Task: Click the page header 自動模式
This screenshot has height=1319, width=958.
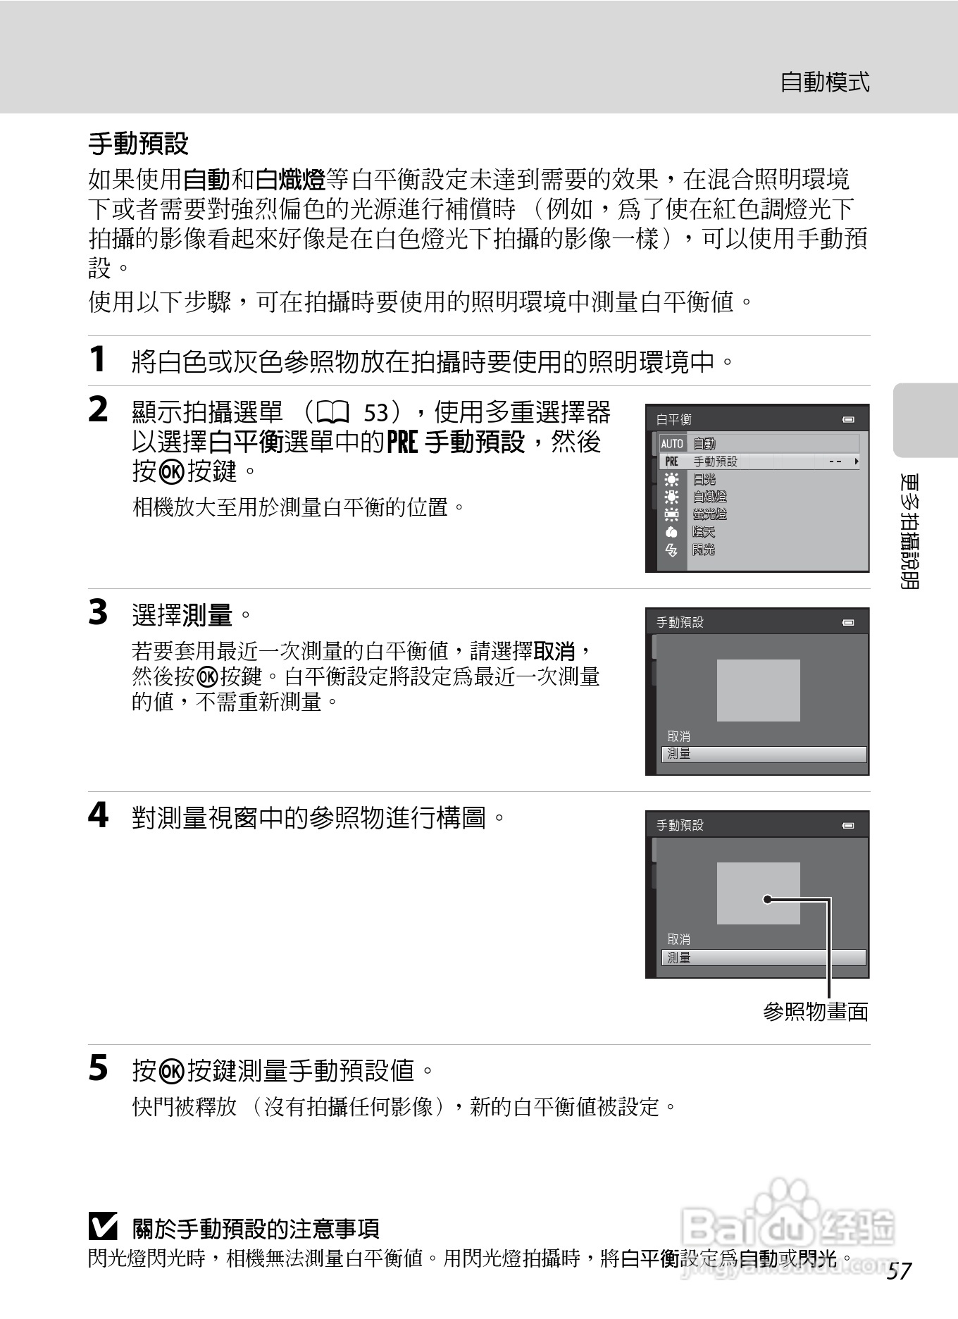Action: coord(824,82)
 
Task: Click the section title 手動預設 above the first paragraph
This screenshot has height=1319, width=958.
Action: coord(138,144)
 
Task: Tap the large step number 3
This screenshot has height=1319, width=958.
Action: coord(98,612)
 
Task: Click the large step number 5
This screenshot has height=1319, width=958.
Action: coord(98,1068)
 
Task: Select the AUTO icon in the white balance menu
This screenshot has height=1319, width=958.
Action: coord(672,444)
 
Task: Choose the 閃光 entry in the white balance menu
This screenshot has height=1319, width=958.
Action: coord(703,550)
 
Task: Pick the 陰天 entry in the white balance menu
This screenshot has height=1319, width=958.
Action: coord(703,533)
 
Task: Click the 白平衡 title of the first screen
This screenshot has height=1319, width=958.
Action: coord(674,420)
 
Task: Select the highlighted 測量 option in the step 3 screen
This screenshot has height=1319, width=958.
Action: coord(763,754)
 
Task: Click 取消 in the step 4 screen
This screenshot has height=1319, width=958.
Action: coord(679,939)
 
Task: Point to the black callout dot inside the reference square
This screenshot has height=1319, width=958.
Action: coord(767,899)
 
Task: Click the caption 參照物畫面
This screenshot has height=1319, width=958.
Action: coord(815,1012)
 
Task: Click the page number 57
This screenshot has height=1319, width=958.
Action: coord(900,1271)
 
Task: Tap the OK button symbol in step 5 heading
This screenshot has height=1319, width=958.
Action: coord(172,1071)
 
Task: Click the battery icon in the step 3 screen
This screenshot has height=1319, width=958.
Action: coord(849,623)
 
